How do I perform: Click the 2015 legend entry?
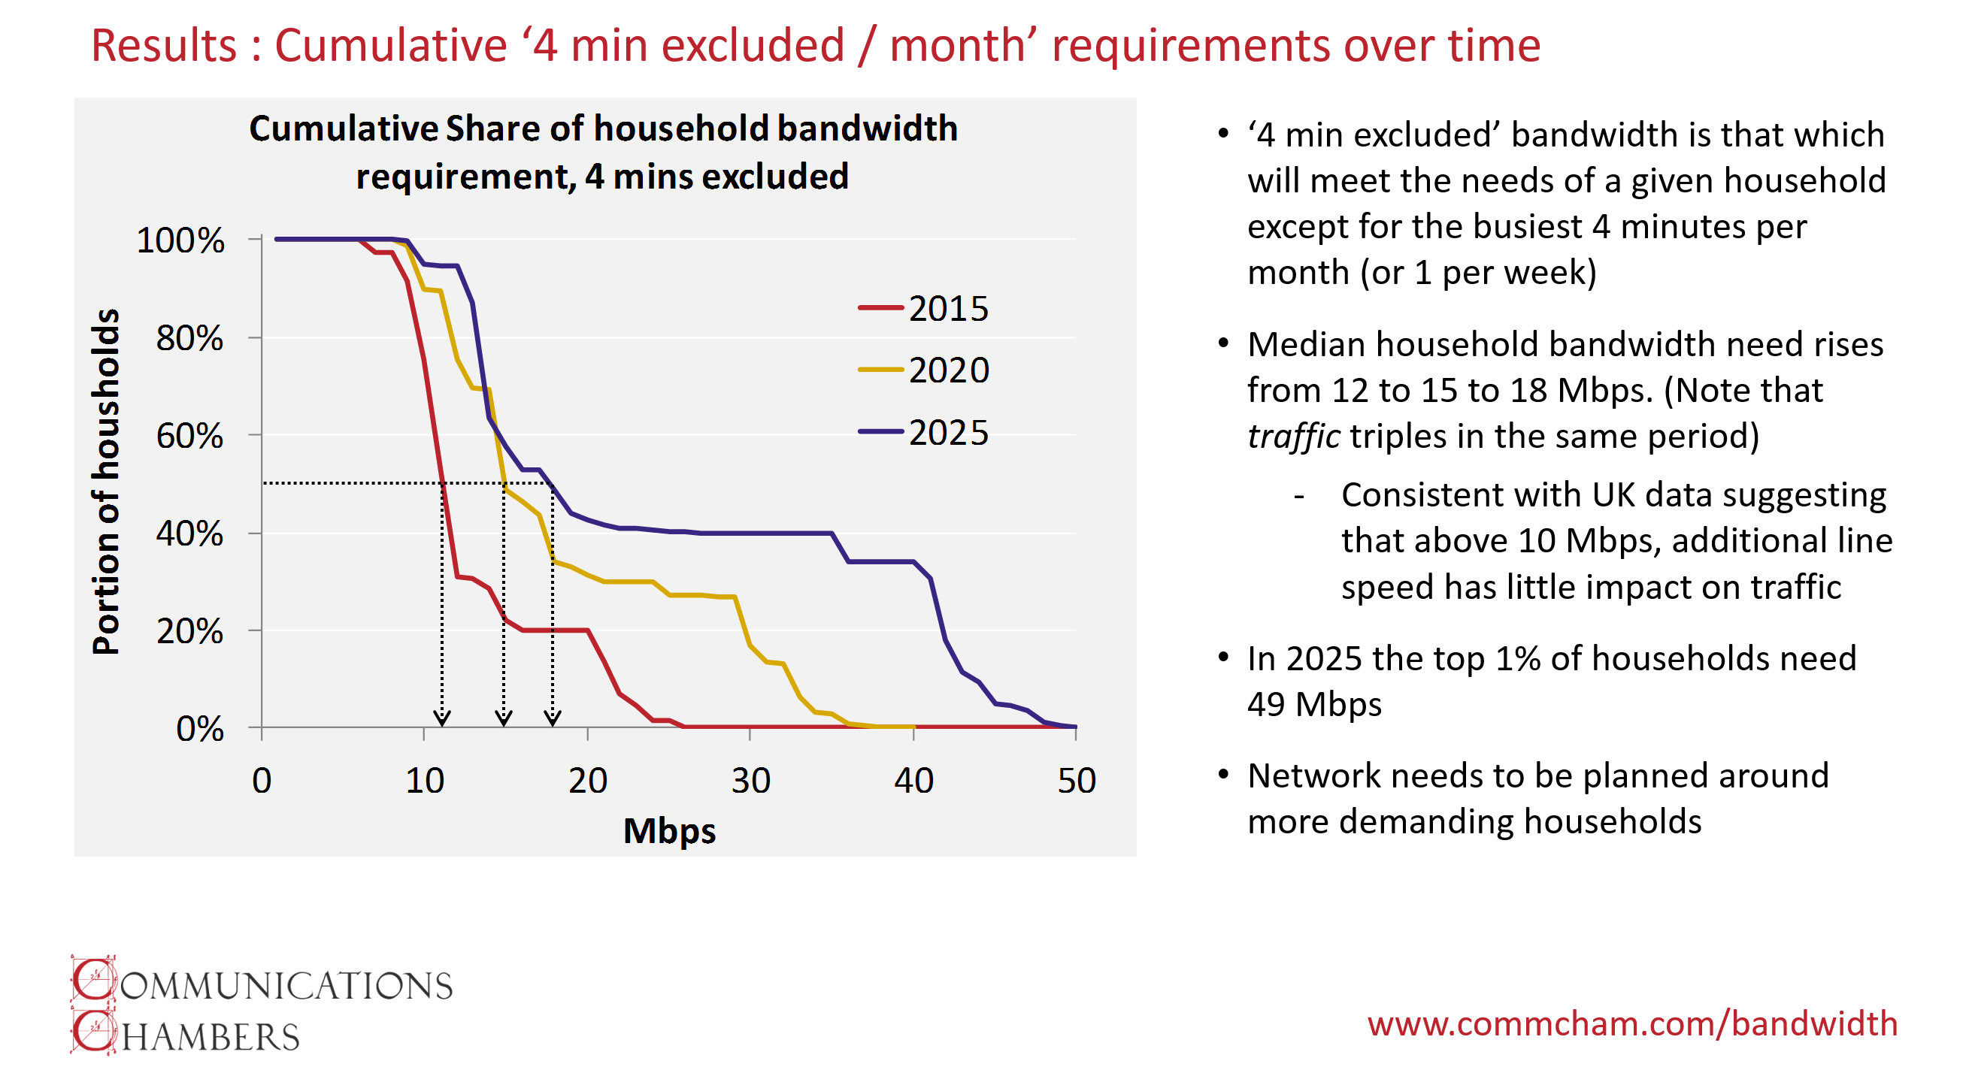point(922,309)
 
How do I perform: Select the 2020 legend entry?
point(922,370)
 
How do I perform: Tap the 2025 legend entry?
point(922,433)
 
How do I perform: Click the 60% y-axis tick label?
point(189,437)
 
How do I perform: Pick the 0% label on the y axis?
point(200,729)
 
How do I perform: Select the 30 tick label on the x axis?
point(750,781)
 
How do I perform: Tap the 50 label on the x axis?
point(1076,781)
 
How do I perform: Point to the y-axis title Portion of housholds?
point(106,482)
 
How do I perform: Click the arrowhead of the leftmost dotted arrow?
point(442,718)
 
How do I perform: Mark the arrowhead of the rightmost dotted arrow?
point(553,718)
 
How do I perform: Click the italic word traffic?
point(1293,437)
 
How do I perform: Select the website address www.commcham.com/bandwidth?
point(1631,1023)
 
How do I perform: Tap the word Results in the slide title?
point(164,45)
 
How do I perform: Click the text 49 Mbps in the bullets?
point(1314,704)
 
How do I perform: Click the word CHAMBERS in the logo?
point(186,1033)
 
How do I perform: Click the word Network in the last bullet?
point(1301,775)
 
